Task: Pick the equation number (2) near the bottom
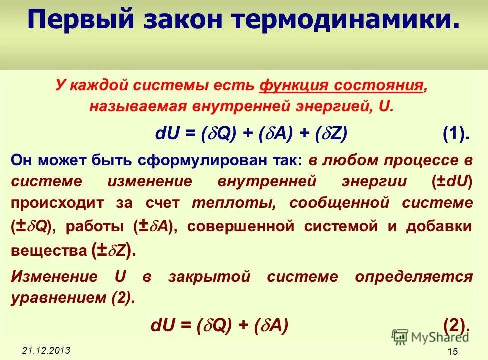pyautogui.click(x=456, y=325)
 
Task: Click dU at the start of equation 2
pyautogui.click(x=164, y=325)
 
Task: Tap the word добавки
pyautogui.click(x=439, y=226)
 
